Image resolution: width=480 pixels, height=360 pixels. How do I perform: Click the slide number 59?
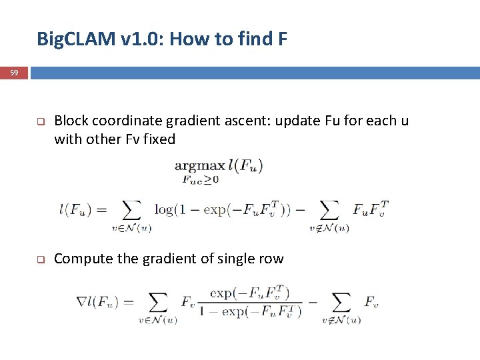pyautogui.click(x=14, y=72)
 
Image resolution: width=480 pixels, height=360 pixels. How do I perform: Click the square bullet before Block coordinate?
pyautogui.click(x=40, y=122)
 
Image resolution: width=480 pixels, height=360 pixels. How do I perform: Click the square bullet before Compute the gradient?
pyautogui.click(x=40, y=259)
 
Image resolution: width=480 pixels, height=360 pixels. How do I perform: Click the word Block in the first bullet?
pyautogui.click(x=71, y=121)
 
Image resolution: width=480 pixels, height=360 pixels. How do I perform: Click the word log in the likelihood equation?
pyautogui.click(x=163, y=209)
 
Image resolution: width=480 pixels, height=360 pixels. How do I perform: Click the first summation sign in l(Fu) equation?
pyautogui.click(x=132, y=211)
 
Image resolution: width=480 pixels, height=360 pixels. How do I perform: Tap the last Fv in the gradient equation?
pyautogui.click(x=371, y=302)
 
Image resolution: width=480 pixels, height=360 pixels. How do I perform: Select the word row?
pyautogui.click(x=269, y=259)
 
